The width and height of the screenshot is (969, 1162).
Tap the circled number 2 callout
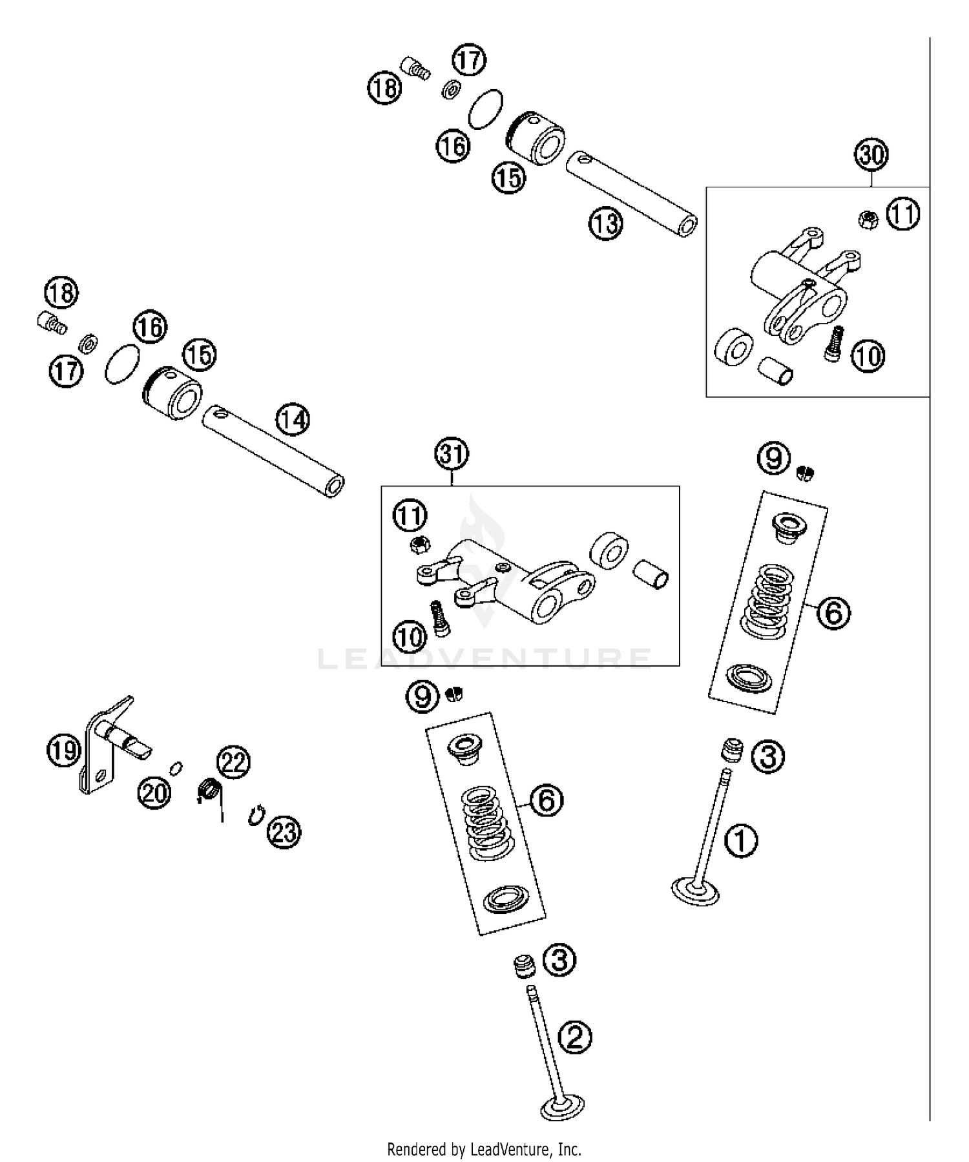(x=574, y=1038)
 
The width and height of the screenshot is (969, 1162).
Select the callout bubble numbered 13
(x=605, y=223)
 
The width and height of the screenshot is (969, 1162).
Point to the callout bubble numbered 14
(x=293, y=420)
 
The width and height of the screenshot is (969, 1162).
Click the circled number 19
(x=63, y=751)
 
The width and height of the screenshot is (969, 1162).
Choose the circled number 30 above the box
(x=871, y=155)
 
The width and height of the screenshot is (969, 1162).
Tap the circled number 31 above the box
(x=452, y=454)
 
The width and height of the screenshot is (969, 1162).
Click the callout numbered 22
(x=233, y=762)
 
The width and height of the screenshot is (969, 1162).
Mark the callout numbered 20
(x=154, y=792)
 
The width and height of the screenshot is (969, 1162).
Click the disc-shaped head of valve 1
(x=695, y=891)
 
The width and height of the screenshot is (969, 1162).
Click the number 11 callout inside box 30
(x=902, y=214)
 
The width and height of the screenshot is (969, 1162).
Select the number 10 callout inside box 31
(x=410, y=638)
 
